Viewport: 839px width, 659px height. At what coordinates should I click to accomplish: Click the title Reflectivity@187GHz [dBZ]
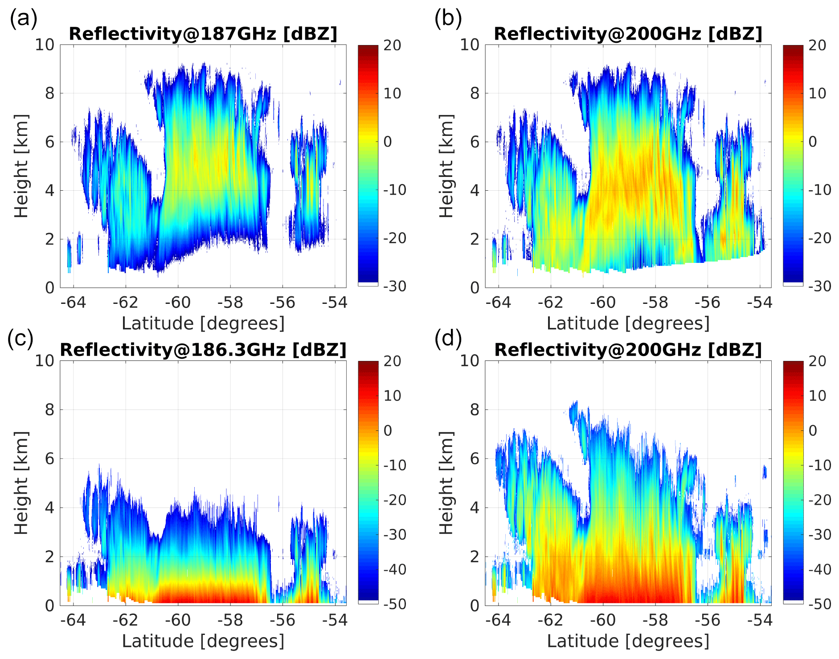(203, 34)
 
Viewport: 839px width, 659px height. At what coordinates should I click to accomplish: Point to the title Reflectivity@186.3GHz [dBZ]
(203, 350)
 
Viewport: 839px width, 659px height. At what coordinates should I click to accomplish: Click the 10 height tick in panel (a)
(45, 45)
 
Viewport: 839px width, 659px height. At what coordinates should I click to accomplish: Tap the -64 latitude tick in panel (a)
(73, 303)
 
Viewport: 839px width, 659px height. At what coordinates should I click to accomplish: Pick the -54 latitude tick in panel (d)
(760, 620)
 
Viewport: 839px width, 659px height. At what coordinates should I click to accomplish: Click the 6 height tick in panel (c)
(49, 458)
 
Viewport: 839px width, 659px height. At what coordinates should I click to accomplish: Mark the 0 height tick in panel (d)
(475, 606)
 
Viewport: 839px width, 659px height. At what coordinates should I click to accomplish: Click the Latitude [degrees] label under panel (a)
(203, 323)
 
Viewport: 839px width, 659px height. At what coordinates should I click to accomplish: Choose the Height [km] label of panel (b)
(446, 166)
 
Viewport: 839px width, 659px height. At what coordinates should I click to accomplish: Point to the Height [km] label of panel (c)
(20, 483)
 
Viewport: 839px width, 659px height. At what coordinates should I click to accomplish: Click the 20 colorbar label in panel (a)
(392, 45)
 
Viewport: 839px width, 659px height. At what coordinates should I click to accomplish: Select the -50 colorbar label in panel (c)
(394, 604)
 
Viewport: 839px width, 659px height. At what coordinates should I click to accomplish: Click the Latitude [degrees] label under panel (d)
(628, 641)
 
